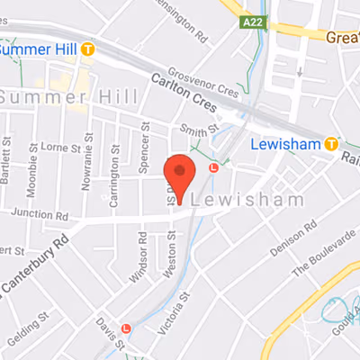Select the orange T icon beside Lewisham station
[332, 143]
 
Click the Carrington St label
[114, 184]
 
